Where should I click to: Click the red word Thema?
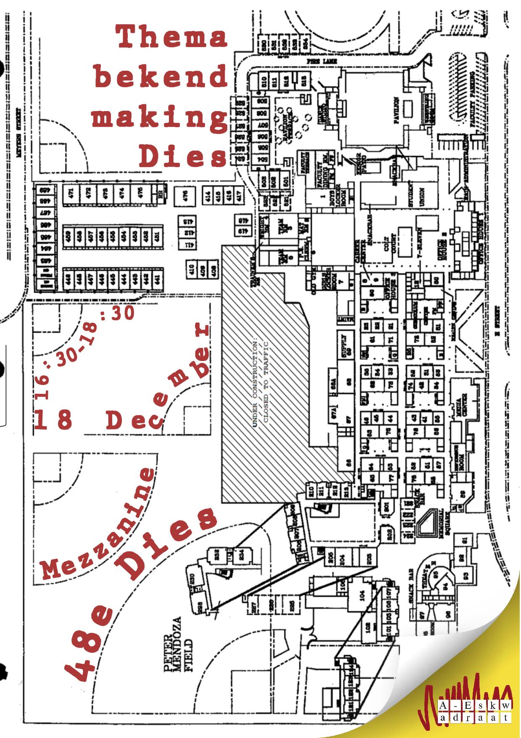(171, 36)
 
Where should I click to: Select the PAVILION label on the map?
(396, 111)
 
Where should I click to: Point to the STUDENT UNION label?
(416, 194)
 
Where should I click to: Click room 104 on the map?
(362, 595)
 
